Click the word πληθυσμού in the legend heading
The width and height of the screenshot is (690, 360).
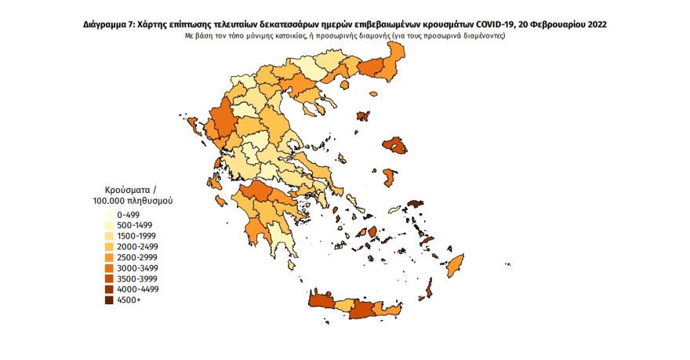(x=151, y=202)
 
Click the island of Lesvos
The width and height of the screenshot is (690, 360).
(x=394, y=146)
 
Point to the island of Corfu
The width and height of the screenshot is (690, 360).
(x=193, y=125)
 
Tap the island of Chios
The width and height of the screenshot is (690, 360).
(x=387, y=177)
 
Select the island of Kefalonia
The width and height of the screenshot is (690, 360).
(x=212, y=183)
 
